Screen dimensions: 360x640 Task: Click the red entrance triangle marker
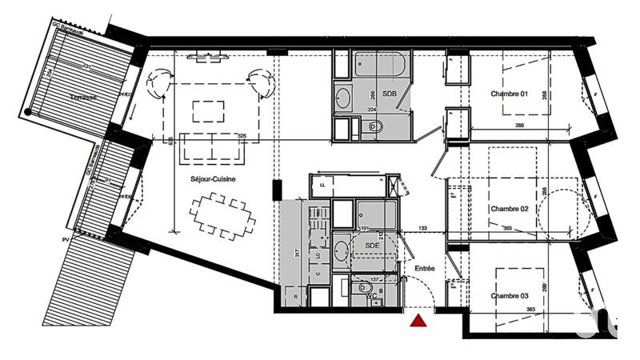[417, 321]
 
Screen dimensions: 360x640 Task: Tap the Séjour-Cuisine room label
[212, 179]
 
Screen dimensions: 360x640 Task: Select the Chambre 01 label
[510, 94]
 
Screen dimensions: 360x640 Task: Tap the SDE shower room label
[370, 245]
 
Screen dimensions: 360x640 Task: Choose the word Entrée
[424, 269]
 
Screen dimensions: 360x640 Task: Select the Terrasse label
[83, 97]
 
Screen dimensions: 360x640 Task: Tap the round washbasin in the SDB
[342, 98]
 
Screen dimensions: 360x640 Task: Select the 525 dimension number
[240, 136]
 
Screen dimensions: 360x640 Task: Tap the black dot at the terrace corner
[29, 112]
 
